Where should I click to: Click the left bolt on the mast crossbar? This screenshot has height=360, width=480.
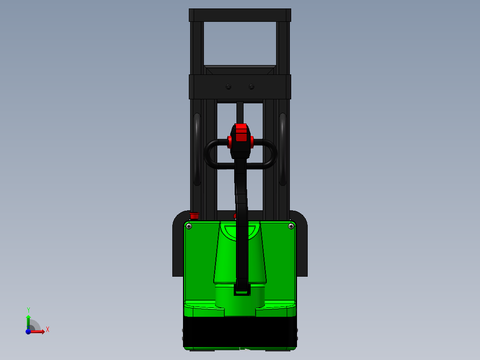228,87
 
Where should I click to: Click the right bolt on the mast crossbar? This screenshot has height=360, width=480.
252,87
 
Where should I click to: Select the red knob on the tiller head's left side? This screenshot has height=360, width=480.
230,142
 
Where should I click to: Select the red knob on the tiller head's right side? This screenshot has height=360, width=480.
252,142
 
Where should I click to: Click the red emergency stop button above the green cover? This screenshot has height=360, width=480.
194,216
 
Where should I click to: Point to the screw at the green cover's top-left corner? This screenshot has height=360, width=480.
189,226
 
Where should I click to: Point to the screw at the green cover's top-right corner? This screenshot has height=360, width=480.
291,226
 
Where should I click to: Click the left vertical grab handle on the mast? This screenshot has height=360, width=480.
197,149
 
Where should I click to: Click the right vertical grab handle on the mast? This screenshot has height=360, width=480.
283,149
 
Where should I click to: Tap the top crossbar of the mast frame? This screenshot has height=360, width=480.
240,15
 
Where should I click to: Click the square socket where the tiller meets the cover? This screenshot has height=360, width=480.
242,290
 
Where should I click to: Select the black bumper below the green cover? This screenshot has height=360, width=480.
240,332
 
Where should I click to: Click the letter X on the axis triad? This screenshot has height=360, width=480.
48,330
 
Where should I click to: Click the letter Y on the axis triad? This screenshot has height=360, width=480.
28,310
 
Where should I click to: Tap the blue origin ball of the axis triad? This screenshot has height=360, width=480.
28,331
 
